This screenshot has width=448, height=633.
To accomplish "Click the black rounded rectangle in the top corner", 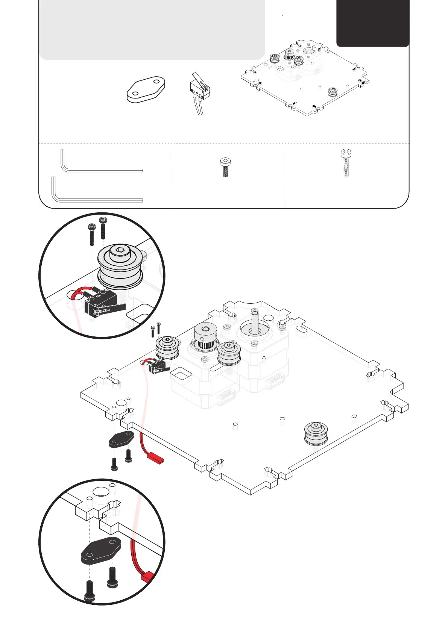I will (x=372, y=23).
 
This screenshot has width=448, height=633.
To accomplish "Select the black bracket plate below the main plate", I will (x=121, y=439).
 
